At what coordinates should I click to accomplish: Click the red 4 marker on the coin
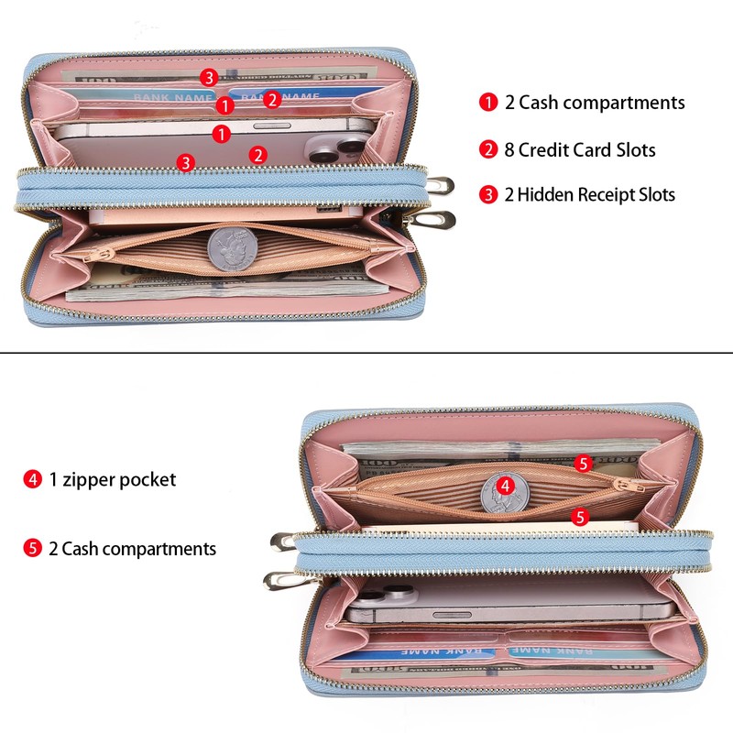coord(505,486)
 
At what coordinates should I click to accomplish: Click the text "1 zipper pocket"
coord(112,479)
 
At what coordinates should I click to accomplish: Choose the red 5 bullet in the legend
coord(33,549)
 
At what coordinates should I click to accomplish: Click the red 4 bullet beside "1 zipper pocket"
coord(33,479)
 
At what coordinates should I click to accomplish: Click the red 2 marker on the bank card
coord(272,100)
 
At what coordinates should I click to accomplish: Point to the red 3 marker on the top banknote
coord(210,77)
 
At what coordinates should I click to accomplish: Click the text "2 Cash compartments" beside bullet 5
coord(132,549)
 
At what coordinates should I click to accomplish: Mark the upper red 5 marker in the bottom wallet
coord(583,464)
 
